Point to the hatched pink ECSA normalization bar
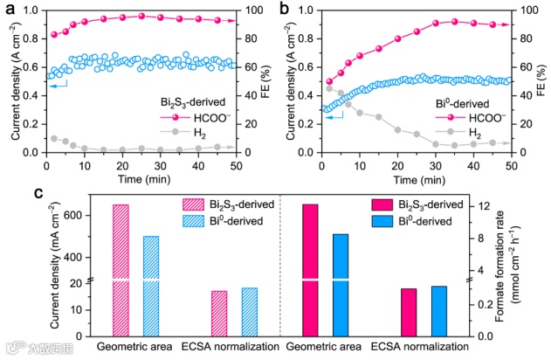pyautogui.click(x=218, y=314)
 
